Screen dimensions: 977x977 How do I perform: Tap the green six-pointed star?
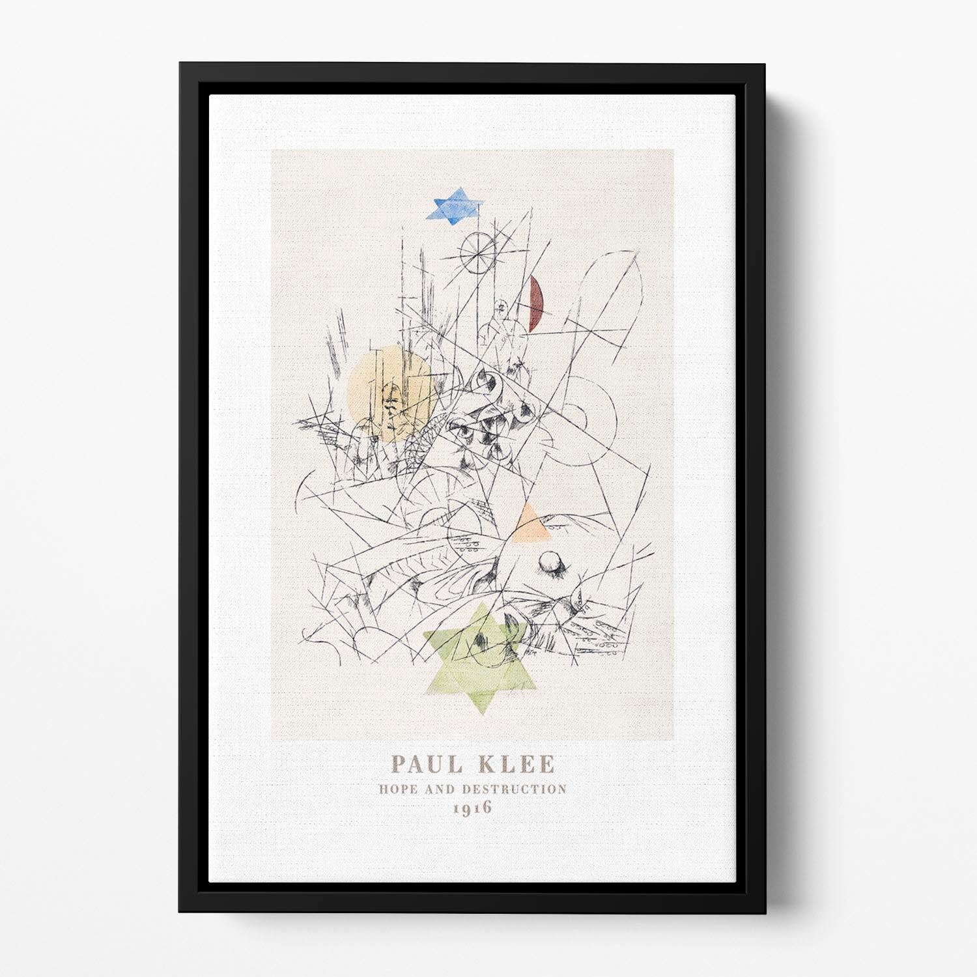click(x=481, y=658)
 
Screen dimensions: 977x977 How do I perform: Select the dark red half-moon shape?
click(x=535, y=304)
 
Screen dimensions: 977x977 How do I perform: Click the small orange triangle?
click(x=530, y=525)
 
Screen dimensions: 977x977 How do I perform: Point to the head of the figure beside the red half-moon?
click(x=502, y=306)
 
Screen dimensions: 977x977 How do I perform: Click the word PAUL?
click(x=427, y=764)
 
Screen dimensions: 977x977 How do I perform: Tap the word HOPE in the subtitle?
click(x=399, y=789)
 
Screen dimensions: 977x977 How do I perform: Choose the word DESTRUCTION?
click(x=515, y=789)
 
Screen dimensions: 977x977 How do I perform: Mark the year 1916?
click(x=473, y=808)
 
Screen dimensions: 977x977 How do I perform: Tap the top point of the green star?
click(x=482, y=604)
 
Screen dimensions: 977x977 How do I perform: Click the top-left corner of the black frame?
click(x=180, y=64)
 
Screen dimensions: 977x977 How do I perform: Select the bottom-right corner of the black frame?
click(x=765, y=913)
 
